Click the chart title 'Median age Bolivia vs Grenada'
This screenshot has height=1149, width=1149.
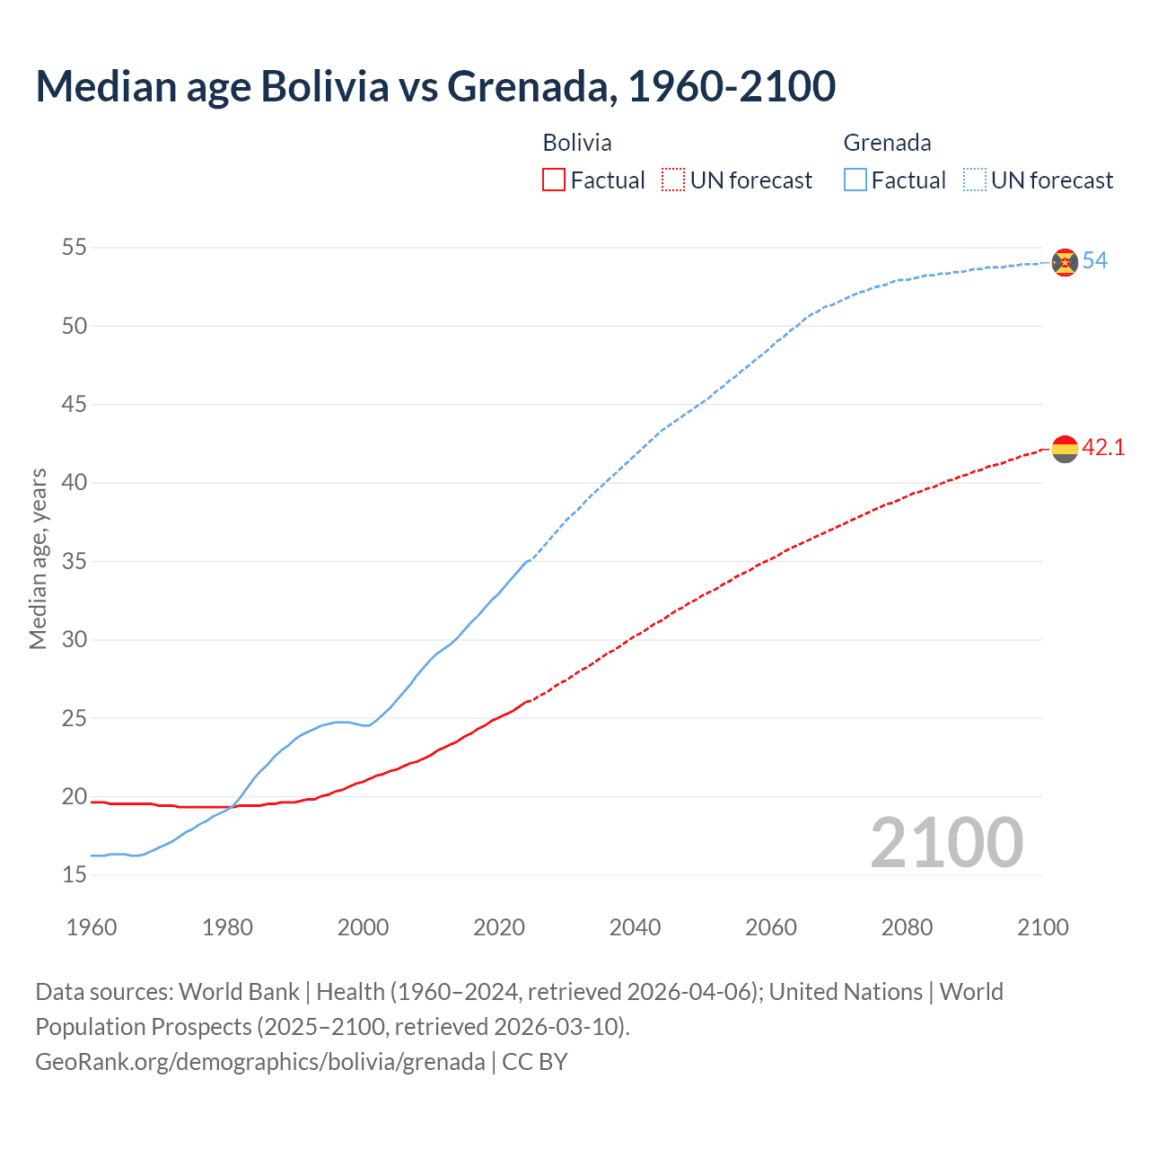435,87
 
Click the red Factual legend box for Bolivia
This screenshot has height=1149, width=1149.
554,180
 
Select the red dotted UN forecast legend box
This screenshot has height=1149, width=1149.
673,180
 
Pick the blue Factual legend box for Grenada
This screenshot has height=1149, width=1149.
855,180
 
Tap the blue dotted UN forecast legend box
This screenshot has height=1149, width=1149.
975,180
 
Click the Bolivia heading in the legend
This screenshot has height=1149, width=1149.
577,143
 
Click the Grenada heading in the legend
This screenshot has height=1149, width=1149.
887,143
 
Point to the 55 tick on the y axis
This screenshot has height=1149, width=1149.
75,247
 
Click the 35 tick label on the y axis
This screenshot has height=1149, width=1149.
75,561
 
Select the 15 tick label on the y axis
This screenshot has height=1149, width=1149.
75,874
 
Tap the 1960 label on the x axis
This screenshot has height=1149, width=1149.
92,927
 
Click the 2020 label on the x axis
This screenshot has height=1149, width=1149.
499,927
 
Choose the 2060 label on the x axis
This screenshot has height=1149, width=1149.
771,927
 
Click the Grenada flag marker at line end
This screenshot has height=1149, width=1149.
1065,262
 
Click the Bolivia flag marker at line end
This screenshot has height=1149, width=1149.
1065,448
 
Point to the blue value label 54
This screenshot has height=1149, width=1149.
1094,261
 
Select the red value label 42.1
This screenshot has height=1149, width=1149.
1103,447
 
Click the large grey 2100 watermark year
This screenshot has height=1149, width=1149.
946,843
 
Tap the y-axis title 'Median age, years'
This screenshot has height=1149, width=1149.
38,558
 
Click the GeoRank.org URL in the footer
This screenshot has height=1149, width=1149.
260,1062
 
